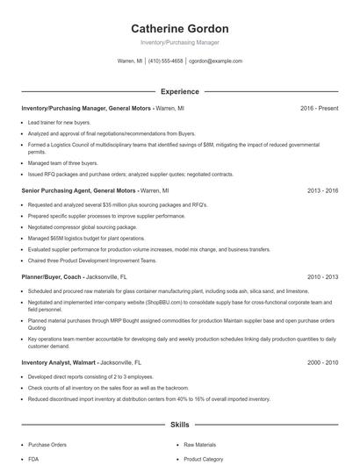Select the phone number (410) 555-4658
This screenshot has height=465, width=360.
point(165,61)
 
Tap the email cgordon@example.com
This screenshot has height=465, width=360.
point(215,61)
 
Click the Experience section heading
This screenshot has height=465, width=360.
point(179,91)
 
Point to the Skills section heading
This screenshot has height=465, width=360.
point(179,424)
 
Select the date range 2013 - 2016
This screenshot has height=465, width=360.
point(322,190)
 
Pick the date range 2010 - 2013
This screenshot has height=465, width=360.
point(322,277)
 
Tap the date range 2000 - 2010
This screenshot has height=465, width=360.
point(322,362)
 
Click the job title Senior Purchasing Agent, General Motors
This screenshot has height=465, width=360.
point(78,190)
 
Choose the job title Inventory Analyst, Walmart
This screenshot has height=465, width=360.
point(58,362)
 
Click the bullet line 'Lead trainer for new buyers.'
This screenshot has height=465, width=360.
point(59,123)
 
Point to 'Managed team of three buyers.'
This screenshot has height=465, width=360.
point(63,162)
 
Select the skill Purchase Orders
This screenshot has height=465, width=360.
point(47,445)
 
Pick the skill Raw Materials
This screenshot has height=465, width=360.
point(200,445)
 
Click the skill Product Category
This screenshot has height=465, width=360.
point(204,459)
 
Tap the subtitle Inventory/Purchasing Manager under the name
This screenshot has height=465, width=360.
point(179,42)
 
